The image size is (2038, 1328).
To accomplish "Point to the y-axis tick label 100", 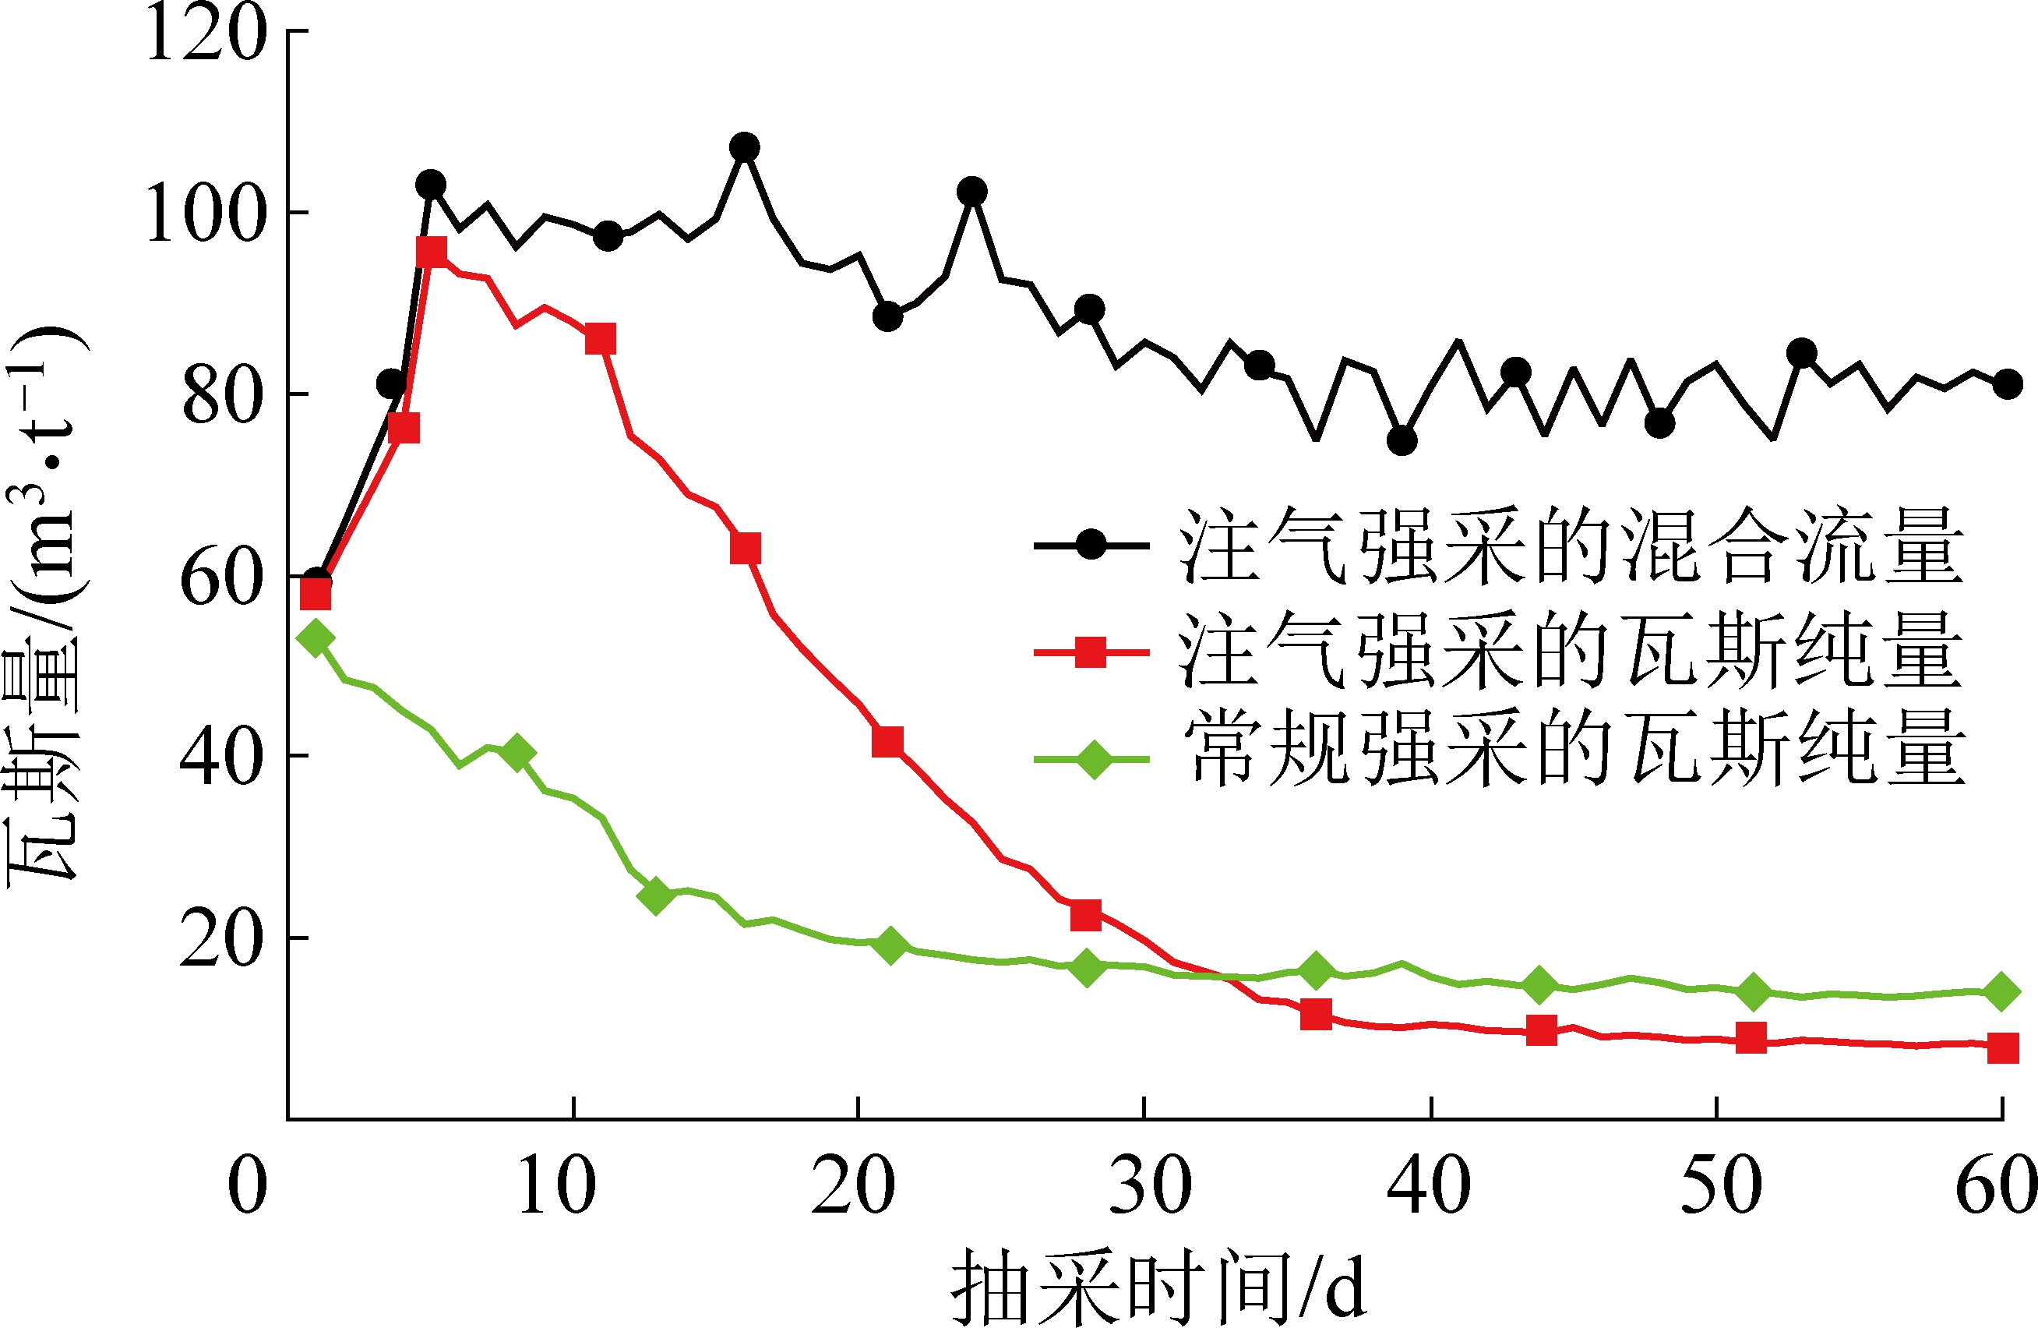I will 206,214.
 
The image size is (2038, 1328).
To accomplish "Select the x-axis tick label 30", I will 1149,1186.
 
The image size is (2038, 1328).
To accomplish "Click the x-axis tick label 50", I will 1720,1186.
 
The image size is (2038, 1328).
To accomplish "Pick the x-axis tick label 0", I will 248,1186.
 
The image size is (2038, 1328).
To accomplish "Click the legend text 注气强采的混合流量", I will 1571,546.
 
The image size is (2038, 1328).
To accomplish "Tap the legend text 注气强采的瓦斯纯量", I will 1571,652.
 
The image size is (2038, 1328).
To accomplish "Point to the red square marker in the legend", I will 1091,652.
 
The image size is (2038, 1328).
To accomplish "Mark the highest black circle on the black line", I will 744,147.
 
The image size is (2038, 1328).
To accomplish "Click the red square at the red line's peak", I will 432,252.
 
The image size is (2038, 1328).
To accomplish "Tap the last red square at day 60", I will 2002,1047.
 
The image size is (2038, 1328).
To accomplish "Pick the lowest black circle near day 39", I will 1402,440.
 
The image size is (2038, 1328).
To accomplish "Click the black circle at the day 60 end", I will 2007,384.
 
